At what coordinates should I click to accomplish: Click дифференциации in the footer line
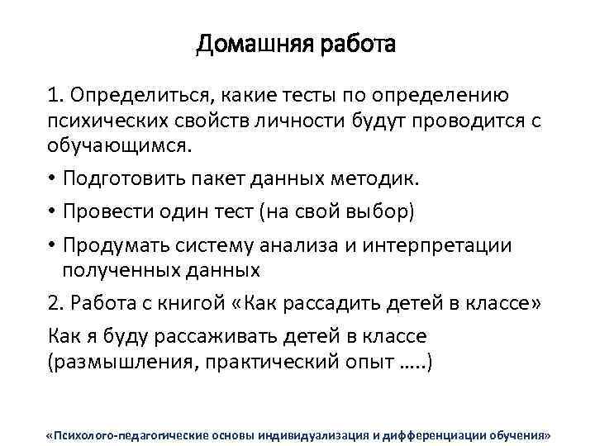[438, 434]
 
